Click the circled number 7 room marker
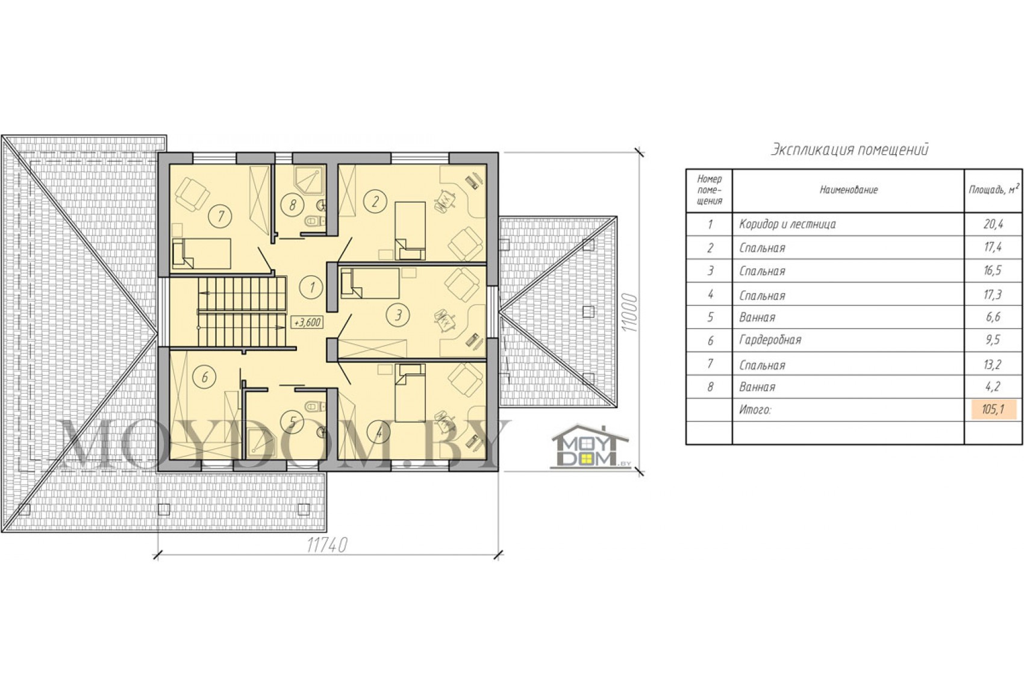221,216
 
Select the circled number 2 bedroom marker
375,201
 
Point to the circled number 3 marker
398,314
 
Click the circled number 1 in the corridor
312,287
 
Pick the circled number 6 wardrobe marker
204,378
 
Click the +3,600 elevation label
307,322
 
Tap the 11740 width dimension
327,545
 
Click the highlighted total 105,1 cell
993,409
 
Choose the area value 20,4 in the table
993,224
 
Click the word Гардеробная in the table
770,340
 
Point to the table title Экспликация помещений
849,150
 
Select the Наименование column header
849,190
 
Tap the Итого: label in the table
755,410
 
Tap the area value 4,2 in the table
993,387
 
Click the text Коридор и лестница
788,224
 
